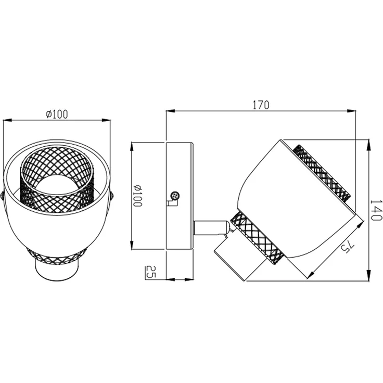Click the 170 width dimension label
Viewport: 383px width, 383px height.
point(261,105)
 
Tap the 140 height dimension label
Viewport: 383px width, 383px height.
point(376,210)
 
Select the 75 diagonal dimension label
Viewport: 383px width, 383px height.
point(347,246)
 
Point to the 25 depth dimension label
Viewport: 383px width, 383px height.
point(150,271)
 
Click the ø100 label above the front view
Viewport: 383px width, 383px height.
point(57,114)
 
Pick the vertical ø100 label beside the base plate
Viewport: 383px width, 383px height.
point(137,196)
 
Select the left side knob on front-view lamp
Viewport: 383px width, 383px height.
point(2,196)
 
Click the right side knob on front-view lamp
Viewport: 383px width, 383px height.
point(112,196)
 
